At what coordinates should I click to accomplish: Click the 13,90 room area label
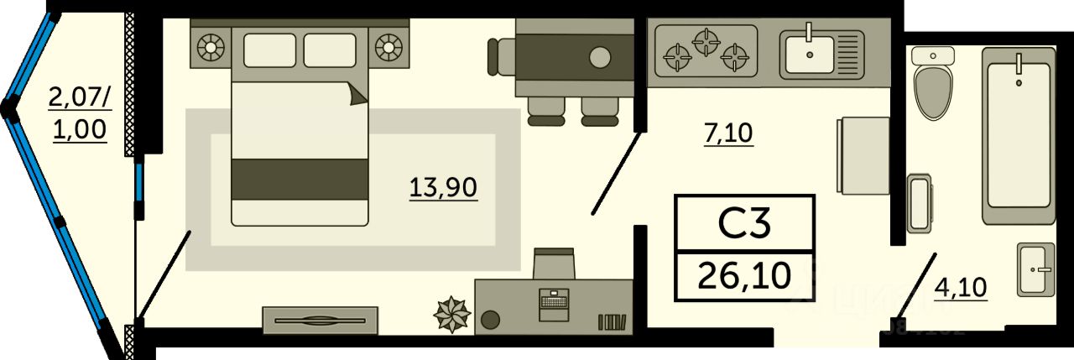pos(443,187)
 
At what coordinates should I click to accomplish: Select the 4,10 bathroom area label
pos(960,288)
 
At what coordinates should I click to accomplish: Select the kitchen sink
pos(810,53)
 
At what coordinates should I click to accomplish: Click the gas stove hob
pos(706,50)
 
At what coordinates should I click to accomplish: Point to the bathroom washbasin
pos(1035,269)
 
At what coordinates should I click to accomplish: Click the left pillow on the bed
pos(269,50)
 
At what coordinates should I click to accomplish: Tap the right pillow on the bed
pos(330,50)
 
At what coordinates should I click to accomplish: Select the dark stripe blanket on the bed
pos(300,179)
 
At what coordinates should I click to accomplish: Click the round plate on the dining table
pos(600,58)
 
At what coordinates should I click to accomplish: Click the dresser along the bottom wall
pos(320,320)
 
